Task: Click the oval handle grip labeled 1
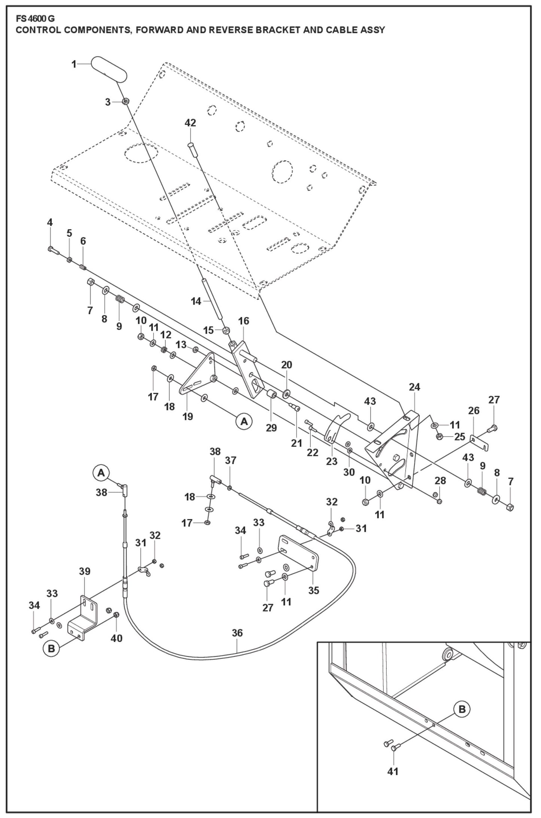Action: click(109, 68)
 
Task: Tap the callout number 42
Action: click(190, 123)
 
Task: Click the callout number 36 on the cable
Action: click(237, 633)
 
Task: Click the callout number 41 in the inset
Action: click(393, 771)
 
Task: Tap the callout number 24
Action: click(414, 387)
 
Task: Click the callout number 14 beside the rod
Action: click(196, 301)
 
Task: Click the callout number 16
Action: click(243, 321)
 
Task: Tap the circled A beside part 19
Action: click(244, 421)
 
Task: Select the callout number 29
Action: click(271, 428)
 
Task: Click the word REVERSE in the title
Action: click(231, 30)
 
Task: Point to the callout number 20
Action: click(286, 364)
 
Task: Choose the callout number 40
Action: click(116, 638)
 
